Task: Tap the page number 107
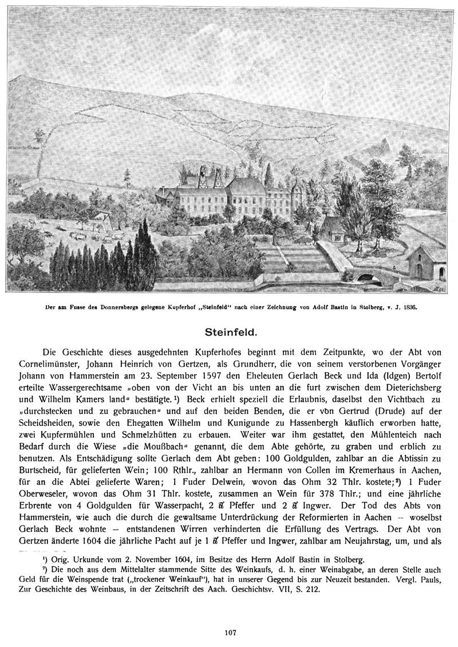point(231,632)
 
